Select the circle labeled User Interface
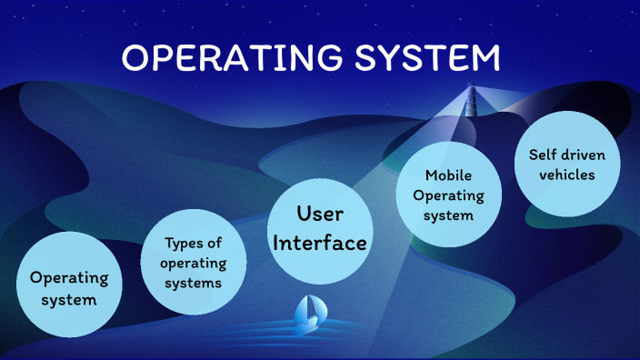tap(321, 227)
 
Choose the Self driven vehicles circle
tap(566, 164)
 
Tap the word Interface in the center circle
tap(321, 243)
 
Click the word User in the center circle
tap(320, 215)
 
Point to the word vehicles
tap(566, 174)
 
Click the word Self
tap(542, 154)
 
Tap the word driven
tap(581, 154)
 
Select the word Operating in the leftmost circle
tap(69, 278)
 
